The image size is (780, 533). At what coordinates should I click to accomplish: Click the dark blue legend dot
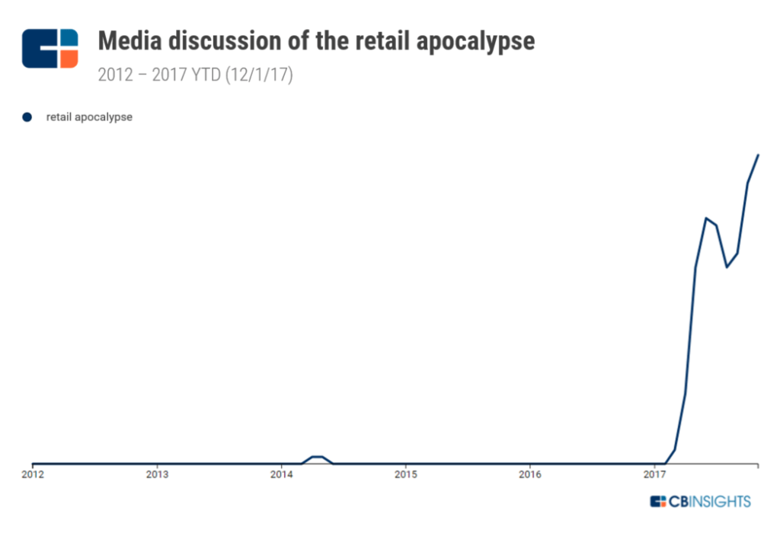pos(27,117)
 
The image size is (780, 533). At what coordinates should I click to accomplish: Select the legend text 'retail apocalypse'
pos(89,117)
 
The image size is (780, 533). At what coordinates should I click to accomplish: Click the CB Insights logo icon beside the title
pos(50,48)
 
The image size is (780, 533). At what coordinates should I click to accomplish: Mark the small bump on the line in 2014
pos(318,457)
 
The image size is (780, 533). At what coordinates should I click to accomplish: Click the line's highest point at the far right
pos(759,155)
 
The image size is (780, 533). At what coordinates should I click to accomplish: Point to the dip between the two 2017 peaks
pos(727,267)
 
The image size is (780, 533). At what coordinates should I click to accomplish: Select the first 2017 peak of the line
pos(707,219)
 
